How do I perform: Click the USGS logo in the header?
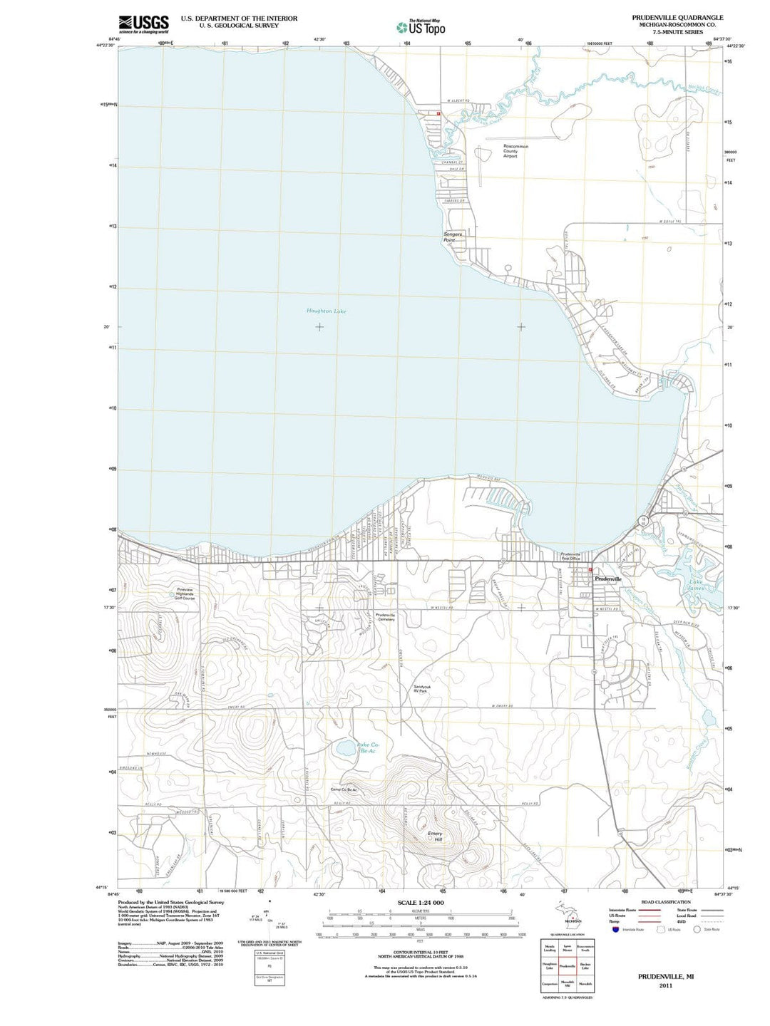coord(143,24)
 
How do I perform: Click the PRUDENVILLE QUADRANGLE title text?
coord(667,17)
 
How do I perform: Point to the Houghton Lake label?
coord(326,311)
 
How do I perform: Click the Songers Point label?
coord(453,237)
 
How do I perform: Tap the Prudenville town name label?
coord(608,579)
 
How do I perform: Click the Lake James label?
coord(698,586)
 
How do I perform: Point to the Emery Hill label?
coord(434,836)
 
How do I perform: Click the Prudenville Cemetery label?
coord(385,617)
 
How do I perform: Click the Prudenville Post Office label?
coord(573,556)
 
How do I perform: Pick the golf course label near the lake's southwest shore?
coord(185,594)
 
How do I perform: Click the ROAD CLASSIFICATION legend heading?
coord(665,902)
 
